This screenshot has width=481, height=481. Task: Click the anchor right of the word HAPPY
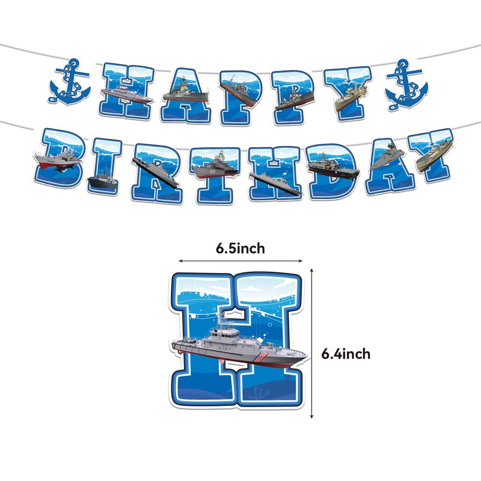[406, 85]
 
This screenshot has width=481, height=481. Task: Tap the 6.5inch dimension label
[240, 248]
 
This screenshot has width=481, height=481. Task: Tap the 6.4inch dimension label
[346, 354]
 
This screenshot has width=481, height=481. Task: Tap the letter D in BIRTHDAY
[332, 171]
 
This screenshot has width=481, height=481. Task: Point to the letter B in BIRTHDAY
[59, 158]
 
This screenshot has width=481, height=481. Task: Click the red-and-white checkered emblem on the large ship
[262, 357]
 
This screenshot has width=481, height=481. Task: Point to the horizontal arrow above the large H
[240, 261]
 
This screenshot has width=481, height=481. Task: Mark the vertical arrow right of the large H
[311, 343]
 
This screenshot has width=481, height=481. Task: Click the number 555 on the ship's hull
[213, 171]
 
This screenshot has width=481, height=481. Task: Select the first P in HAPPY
[241, 97]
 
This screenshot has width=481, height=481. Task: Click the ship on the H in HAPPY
[127, 94]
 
